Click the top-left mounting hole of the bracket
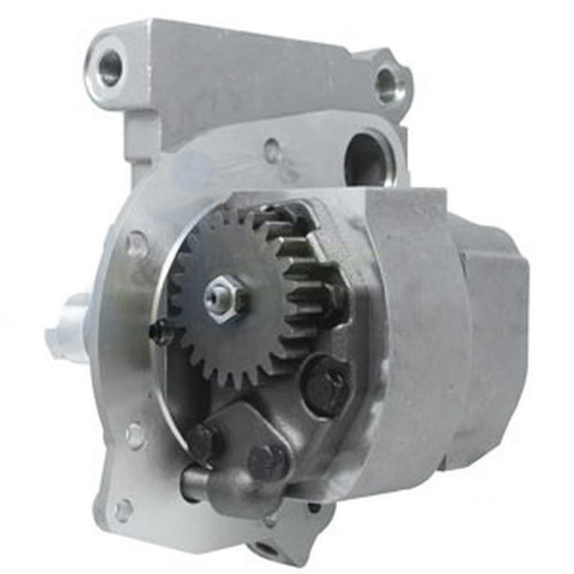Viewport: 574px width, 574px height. (110, 67)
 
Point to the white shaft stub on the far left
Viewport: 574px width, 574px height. (67, 327)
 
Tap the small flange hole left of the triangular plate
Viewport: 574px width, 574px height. (135, 433)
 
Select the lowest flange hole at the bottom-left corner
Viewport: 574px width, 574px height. (123, 510)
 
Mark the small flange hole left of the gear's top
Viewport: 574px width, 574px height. (136, 243)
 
